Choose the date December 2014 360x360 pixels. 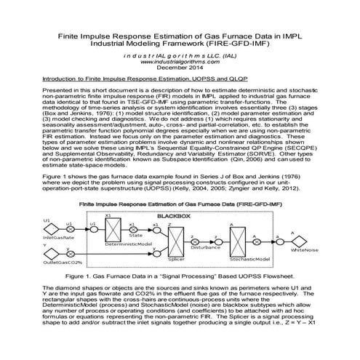tap(180, 68)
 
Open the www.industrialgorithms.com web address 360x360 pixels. tap(180, 61)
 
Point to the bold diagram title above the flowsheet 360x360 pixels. tap(180, 206)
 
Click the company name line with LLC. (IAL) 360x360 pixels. tap(180, 55)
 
